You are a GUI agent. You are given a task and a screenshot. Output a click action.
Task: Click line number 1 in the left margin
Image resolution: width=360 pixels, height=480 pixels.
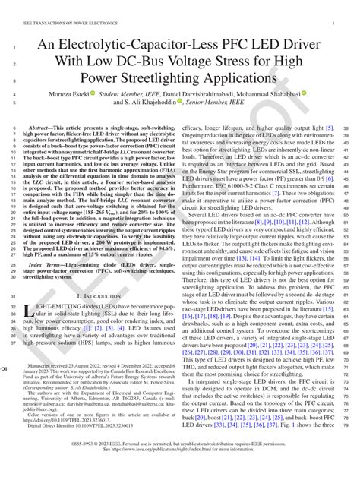[x=15, y=47]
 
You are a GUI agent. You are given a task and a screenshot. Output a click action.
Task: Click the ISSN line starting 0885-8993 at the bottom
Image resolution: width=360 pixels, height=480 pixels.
[x=180, y=463]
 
